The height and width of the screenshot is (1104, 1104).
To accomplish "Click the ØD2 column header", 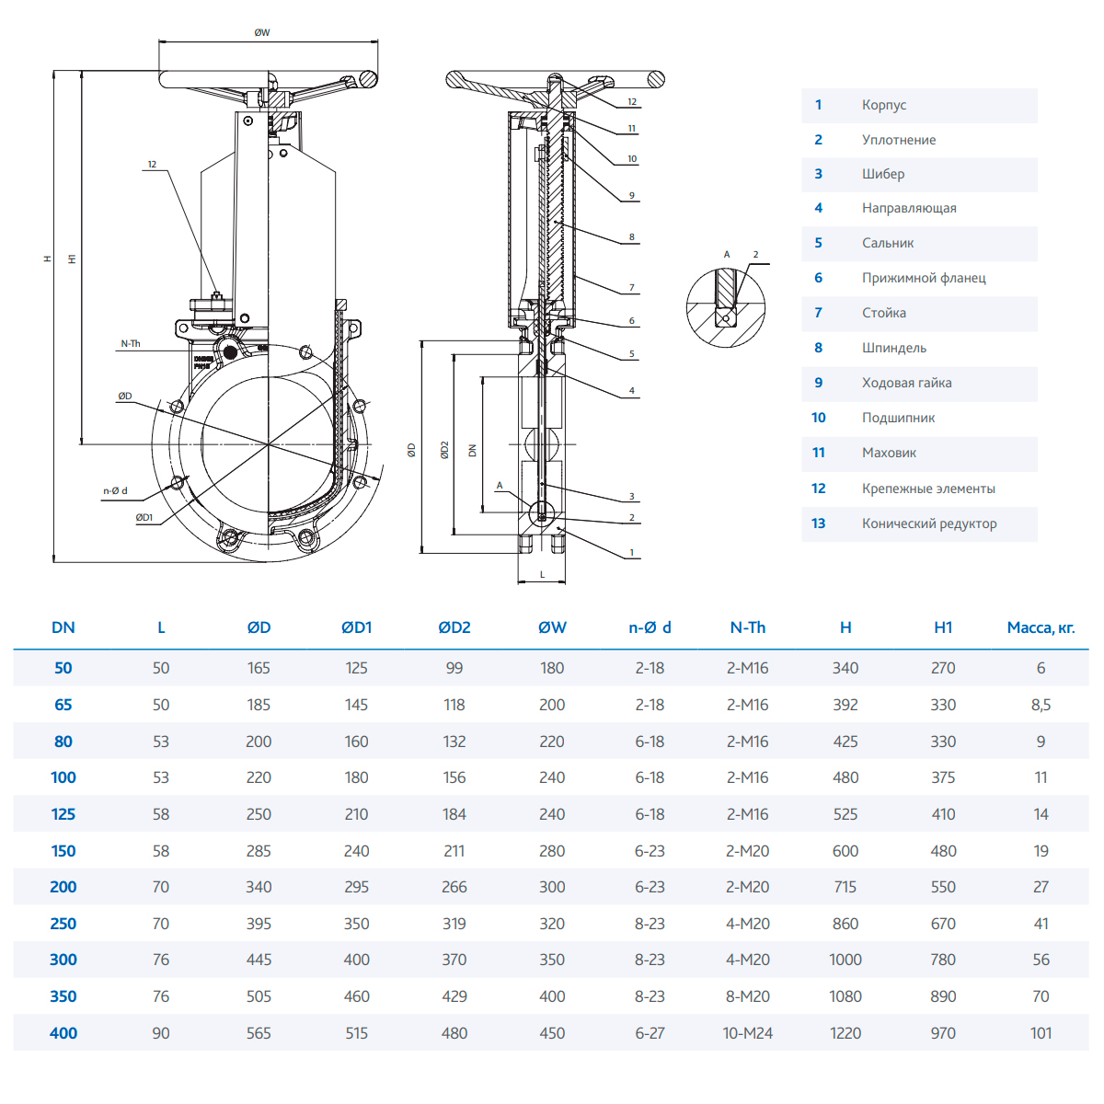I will (454, 627).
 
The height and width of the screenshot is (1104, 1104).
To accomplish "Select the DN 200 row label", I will (63, 887).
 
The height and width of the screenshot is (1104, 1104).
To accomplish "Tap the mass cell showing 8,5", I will (1041, 705).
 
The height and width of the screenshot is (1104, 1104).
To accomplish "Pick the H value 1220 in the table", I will (845, 1033).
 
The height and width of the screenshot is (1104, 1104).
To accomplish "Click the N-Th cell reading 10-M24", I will (747, 1033).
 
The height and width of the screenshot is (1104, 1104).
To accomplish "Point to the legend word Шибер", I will (883, 174).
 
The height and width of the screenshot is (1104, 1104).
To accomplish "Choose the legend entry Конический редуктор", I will (929, 523).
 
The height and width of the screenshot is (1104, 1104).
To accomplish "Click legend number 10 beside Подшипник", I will (819, 418).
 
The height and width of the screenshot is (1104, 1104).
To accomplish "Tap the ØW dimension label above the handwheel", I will (262, 33).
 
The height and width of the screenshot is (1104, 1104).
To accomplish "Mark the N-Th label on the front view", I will (131, 344).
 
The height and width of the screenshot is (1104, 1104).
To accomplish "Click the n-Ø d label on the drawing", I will (115, 491).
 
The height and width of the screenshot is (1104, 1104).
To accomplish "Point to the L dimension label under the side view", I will (542, 574).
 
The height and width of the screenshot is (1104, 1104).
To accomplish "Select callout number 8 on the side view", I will (632, 237).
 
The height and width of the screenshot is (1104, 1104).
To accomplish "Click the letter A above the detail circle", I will (727, 255).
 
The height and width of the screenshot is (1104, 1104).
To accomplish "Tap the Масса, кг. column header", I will (1041, 627).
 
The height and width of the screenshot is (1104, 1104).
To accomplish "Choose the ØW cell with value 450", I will (552, 1033).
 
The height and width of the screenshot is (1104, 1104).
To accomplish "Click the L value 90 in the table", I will (161, 1033).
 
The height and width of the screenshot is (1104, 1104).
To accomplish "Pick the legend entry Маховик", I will (889, 453).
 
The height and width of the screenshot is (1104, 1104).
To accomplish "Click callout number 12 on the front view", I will (152, 165).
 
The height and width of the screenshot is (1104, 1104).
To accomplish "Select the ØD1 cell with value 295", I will (356, 887).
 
